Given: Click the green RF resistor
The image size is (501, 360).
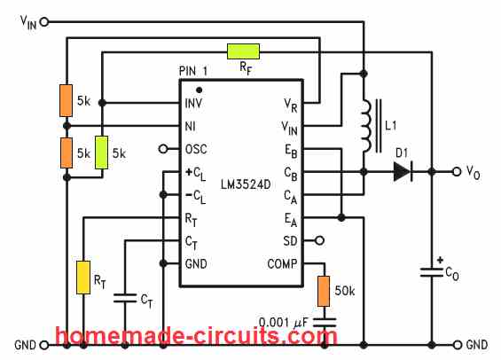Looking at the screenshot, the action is click(243, 51).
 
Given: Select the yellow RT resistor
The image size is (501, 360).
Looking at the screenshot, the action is click(83, 278).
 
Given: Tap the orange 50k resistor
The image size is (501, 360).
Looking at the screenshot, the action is click(324, 292).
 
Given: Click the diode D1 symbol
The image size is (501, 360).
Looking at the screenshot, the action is click(403, 172).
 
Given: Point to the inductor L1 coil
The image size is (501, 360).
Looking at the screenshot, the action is click(366, 126).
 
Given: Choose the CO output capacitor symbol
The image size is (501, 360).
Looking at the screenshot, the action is click(432, 272).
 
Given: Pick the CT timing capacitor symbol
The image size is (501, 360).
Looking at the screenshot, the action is click(125, 298).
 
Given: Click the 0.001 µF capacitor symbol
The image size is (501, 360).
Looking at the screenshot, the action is click(325, 322).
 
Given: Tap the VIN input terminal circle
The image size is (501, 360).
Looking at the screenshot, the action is click(44, 21).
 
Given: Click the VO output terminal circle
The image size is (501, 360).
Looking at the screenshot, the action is click(457, 172).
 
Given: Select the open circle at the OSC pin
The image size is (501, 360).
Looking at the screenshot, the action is click(163, 149).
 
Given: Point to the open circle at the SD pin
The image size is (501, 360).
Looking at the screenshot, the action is click(319, 240).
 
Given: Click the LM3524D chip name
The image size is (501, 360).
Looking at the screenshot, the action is click(246, 184).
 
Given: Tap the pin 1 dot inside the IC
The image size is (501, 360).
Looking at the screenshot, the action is click(199, 90).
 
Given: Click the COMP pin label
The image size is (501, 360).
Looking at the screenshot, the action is click(282, 264).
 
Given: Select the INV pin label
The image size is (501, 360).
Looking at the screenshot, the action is click(193, 103).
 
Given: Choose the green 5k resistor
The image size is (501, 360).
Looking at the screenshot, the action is click(102, 153).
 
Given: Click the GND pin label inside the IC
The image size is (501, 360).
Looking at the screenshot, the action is click(196, 264).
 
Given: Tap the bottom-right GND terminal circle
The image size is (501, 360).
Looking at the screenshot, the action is click(458, 345).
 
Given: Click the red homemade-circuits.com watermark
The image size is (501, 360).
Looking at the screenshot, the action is click(196, 336).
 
